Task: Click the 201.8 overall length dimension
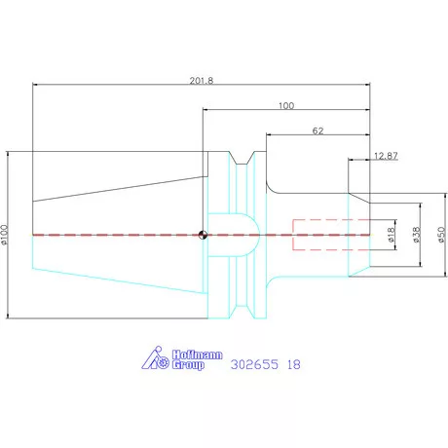point(202,81)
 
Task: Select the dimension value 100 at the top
point(286,106)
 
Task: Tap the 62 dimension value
point(317,131)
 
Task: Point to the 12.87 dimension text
point(386,156)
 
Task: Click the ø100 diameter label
point(4,235)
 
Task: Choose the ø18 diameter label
point(392,235)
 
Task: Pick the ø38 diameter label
point(417,235)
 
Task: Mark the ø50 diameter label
point(441,235)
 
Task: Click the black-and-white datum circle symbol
point(203,235)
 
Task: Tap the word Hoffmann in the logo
point(197,355)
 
